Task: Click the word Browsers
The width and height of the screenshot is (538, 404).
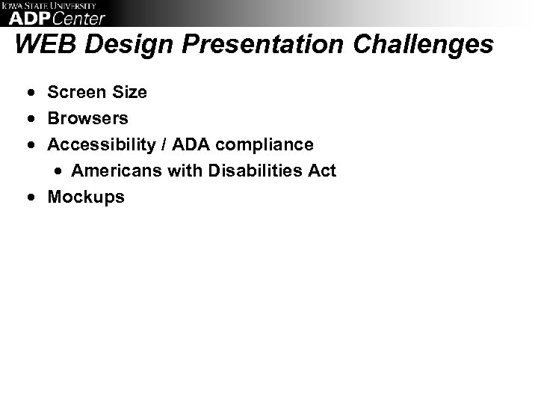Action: [87, 119]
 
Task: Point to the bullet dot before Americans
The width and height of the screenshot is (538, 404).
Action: [60, 171]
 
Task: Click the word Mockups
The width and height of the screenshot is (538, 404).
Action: [86, 198]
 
